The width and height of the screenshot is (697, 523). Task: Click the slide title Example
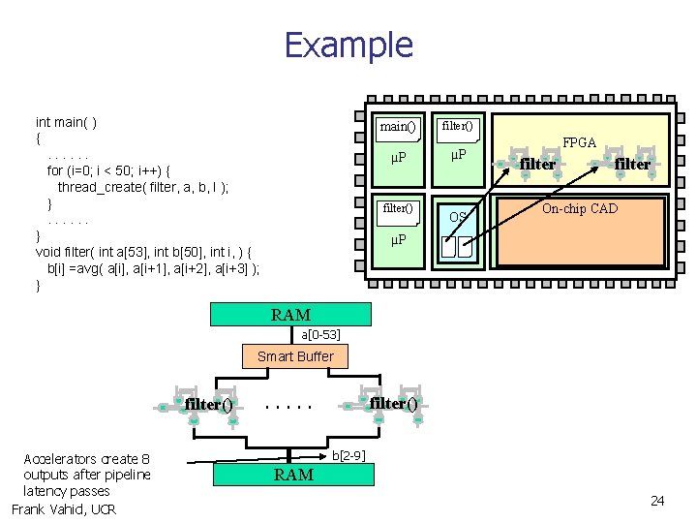point(348,46)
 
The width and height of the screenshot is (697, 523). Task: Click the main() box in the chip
point(398,127)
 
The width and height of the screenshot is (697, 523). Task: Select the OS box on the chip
point(458,215)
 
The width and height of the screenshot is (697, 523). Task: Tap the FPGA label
point(580,142)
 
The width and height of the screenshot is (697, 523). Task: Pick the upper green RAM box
point(290,315)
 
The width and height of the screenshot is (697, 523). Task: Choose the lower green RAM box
point(293,474)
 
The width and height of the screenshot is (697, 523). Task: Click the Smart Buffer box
point(295,356)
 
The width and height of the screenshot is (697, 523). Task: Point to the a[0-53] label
point(319,334)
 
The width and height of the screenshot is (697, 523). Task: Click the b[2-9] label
point(348,455)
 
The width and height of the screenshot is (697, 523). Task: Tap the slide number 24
point(657,501)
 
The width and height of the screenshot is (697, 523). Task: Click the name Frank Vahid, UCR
point(64,509)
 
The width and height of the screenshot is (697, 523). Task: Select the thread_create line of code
point(143,187)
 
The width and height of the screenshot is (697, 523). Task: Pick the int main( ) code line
point(66,122)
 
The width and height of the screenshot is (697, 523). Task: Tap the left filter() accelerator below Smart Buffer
point(208,405)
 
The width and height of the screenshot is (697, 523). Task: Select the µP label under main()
point(397,158)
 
